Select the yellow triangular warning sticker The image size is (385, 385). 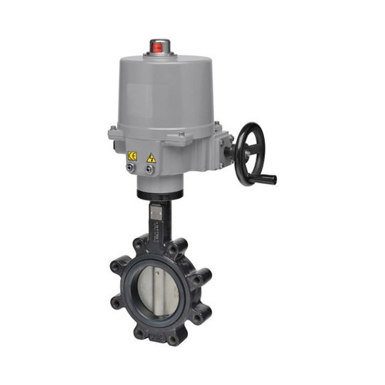point(152,158)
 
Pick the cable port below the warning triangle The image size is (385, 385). point(150,169)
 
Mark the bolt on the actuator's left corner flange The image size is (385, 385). point(113,129)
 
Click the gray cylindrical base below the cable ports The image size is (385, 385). point(160,182)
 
